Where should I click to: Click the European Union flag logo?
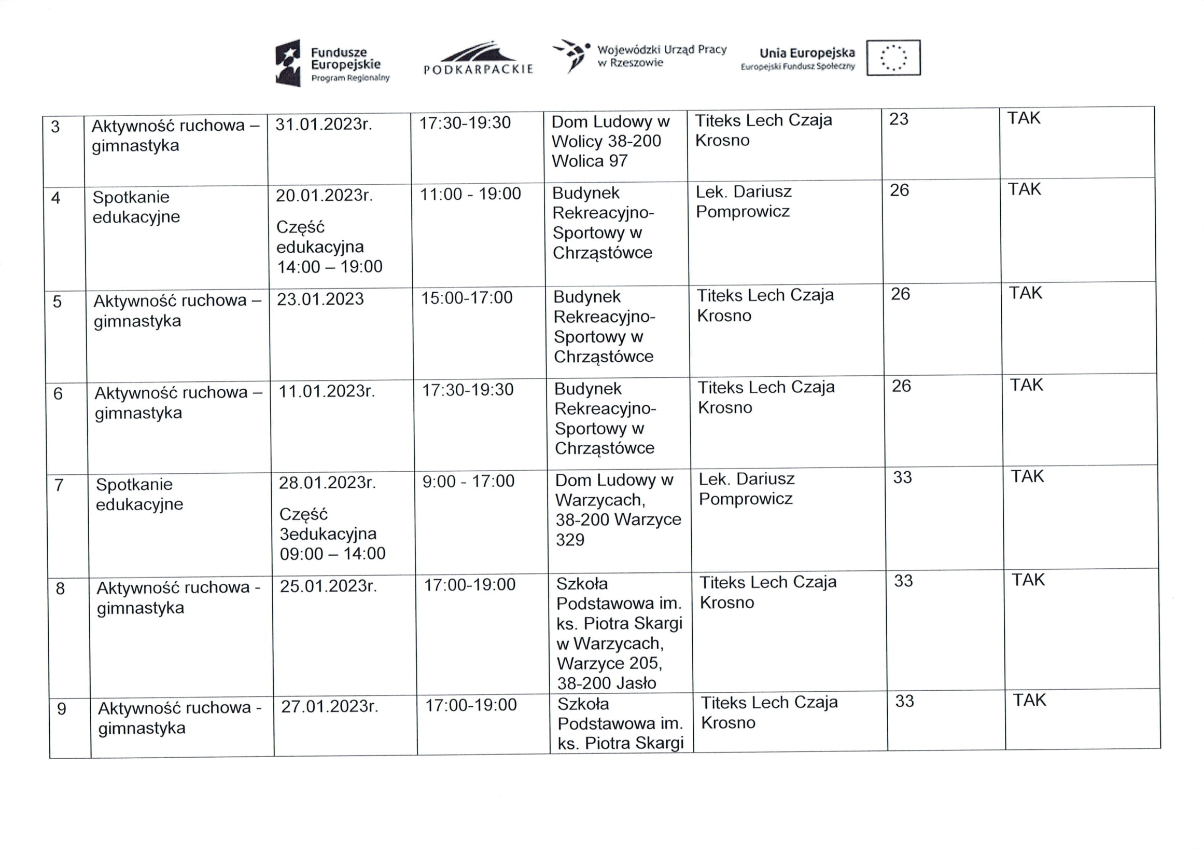(x=893, y=58)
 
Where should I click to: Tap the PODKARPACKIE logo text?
(x=478, y=69)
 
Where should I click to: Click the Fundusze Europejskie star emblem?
(x=288, y=62)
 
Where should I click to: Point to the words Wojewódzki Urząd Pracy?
(x=662, y=50)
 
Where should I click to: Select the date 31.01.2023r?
(x=324, y=125)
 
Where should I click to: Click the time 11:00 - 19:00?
(x=470, y=194)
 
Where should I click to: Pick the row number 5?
(x=57, y=302)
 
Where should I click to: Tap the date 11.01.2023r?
(x=326, y=391)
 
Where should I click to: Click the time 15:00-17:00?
(x=467, y=297)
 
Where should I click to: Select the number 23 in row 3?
(x=898, y=119)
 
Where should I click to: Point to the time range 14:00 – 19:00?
(x=329, y=267)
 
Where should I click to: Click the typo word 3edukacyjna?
(x=328, y=533)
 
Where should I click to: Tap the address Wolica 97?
(x=589, y=160)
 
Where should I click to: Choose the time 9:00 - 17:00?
(x=468, y=481)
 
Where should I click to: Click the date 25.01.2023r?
(x=328, y=585)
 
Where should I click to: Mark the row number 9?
(x=61, y=709)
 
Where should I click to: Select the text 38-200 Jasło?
(x=606, y=683)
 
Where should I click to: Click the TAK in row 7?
(x=1027, y=476)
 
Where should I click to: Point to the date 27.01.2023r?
(x=329, y=706)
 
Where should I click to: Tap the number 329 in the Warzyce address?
(x=569, y=539)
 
